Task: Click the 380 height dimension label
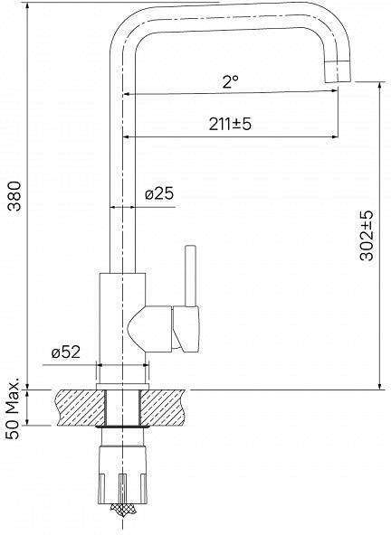tap(15, 196)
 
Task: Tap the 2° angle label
tap(231, 82)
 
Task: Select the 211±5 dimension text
tap(230, 124)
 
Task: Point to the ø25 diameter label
tap(159, 194)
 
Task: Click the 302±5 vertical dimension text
tap(367, 236)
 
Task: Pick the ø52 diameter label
tap(66, 352)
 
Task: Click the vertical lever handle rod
tap(190, 276)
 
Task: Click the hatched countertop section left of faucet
tap(80, 408)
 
